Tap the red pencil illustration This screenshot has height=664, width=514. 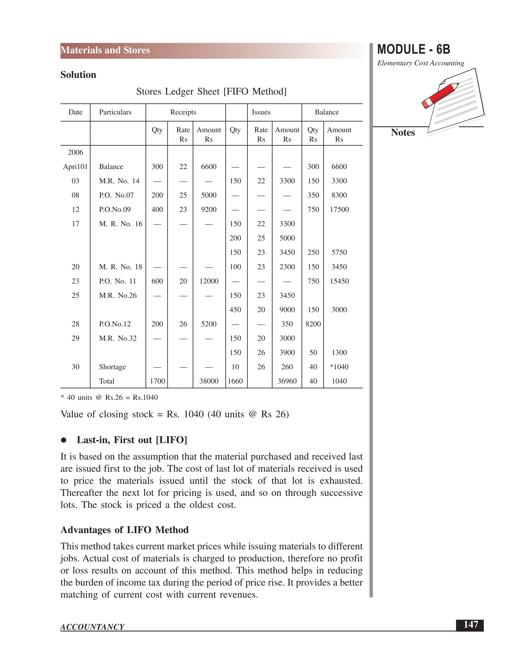[x=440, y=95]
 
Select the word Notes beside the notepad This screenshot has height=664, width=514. [x=403, y=133]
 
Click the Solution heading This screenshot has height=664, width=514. [x=78, y=75]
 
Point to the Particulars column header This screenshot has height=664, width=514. [x=115, y=112]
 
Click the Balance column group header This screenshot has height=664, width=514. [x=327, y=112]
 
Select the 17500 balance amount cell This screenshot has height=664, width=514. [x=339, y=209]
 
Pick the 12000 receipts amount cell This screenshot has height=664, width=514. [x=209, y=281]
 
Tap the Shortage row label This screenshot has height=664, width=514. [x=112, y=367]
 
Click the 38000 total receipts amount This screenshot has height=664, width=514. [x=209, y=381]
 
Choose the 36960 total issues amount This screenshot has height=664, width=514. [x=287, y=381]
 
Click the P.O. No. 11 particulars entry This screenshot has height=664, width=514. [x=117, y=281]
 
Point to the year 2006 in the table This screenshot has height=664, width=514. [x=75, y=152]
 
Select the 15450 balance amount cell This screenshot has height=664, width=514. [x=339, y=281]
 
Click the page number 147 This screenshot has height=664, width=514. [x=471, y=624]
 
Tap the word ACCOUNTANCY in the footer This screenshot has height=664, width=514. [x=92, y=627]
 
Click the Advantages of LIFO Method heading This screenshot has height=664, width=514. [x=124, y=530]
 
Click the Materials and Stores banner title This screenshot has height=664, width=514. [x=105, y=50]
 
